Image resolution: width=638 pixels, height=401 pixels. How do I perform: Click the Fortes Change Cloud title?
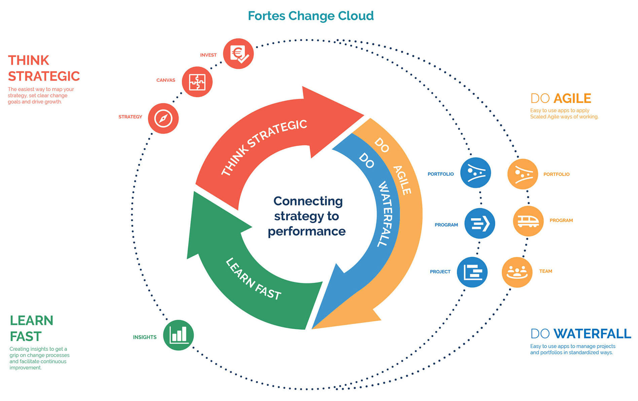tap(310, 16)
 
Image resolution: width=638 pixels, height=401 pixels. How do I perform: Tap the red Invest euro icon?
tap(238, 54)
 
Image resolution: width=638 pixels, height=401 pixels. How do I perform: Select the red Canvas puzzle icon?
tap(197, 82)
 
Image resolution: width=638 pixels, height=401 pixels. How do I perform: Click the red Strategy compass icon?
tap(163, 118)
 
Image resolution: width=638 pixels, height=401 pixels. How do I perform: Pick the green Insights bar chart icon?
tap(178, 335)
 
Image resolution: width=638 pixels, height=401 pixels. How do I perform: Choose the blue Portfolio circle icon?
tap(475, 173)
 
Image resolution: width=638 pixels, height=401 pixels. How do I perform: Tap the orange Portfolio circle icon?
tap(523, 174)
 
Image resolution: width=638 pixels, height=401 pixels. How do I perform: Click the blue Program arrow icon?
tap(479, 223)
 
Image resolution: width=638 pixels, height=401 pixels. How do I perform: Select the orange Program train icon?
tap(528, 221)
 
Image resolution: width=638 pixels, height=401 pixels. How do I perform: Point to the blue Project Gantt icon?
tap(472, 272)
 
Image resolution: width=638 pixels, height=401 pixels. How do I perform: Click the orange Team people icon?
tap(517, 272)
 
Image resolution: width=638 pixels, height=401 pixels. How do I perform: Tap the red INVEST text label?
tap(208, 55)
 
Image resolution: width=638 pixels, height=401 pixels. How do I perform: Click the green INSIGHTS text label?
tap(145, 337)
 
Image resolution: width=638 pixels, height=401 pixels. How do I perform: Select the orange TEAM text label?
tap(545, 271)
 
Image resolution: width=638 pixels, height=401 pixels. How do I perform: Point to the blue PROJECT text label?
tap(440, 271)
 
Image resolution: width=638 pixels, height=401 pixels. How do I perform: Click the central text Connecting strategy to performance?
tap(307, 216)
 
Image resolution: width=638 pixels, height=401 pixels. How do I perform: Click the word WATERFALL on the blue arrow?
tap(385, 214)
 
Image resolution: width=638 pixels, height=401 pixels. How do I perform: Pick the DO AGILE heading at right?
tap(561, 99)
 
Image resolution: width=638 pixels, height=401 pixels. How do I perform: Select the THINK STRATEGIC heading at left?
tap(44, 68)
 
